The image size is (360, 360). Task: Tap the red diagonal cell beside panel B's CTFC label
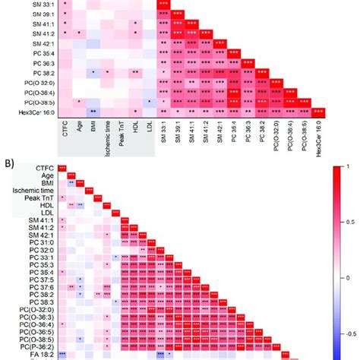point(63,168)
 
